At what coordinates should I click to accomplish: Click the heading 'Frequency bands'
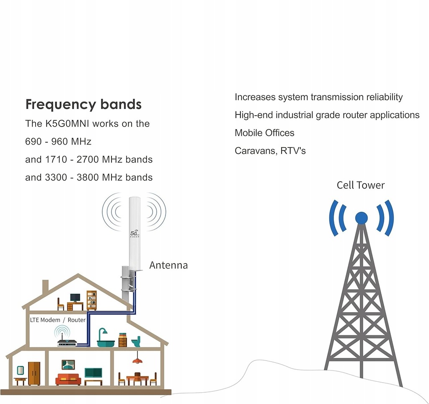83,105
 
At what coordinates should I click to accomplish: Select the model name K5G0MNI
67,124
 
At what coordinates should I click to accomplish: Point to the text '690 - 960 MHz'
58,142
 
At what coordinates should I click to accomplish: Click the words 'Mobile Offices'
264,133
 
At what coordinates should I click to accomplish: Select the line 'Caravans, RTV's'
270,150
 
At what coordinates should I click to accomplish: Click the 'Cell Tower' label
361,185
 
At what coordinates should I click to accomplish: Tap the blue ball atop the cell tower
362,218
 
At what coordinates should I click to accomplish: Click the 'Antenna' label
168,265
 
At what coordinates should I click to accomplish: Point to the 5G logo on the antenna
134,234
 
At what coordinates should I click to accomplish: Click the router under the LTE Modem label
67,342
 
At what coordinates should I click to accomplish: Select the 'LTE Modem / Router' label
58,320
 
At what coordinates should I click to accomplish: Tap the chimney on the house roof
45,286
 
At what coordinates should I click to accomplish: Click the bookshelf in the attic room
92,300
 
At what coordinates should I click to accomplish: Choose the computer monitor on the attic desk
75,298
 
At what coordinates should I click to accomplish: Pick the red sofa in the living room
68,379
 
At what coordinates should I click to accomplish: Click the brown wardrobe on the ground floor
34,373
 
